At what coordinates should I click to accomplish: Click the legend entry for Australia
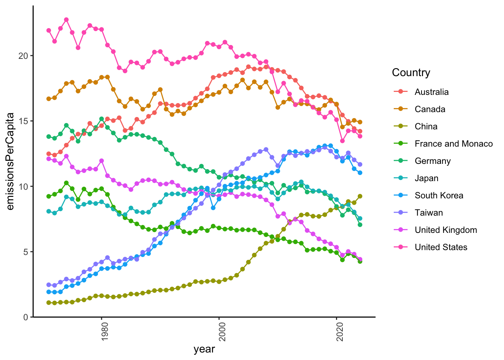tap(431, 92)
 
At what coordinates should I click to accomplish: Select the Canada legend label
tap(430, 109)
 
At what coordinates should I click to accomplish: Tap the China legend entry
tap(426, 126)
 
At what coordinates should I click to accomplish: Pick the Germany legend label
tap(432, 161)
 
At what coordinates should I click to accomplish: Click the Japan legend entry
tap(426, 178)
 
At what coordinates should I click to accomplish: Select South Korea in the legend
tap(439, 195)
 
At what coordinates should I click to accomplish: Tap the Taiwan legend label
tap(429, 213)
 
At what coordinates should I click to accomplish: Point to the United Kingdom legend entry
tap(445, 230)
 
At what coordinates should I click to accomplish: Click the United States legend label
tap(441, 247)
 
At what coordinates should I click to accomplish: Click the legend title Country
tap(411, 72)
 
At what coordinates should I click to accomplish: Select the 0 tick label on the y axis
tap(26, 317)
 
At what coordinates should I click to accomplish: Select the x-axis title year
tap(204, 349)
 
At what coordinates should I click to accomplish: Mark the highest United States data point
tap(66, 19)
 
